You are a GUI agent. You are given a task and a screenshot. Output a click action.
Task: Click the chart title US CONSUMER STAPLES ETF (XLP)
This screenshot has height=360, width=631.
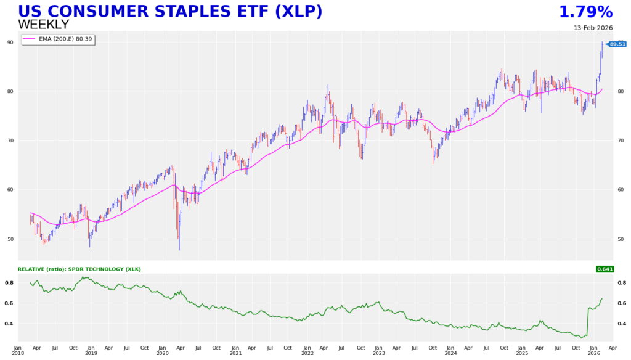(x=170, y=12)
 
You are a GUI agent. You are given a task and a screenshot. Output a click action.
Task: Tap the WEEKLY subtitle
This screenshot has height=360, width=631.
(x=43, y=25)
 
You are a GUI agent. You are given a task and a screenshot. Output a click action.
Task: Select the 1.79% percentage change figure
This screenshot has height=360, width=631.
(x=585, y=12)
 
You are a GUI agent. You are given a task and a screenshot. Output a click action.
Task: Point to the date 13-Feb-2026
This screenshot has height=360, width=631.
(x=593, y=28)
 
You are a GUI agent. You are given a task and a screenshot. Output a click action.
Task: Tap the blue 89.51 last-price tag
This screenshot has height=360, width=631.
(x=617, y=44)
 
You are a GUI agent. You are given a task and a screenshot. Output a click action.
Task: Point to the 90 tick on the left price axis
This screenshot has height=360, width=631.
(x=28, y=42)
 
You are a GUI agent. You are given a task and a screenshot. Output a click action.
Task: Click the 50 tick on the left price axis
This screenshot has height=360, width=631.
(x=28, y=239)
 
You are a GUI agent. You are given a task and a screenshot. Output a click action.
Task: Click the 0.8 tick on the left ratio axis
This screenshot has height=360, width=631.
(x=26, y=283)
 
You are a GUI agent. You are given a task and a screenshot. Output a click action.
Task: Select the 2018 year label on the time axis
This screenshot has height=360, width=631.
(x=18, y=353)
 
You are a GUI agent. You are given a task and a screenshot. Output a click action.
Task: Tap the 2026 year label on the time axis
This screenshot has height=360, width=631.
(x=594, y=353)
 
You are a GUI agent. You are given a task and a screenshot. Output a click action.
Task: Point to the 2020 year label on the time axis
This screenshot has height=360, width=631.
(x=163, y=353)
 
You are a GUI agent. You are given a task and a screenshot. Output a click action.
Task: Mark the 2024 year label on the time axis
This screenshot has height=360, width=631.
(x=450, y=353)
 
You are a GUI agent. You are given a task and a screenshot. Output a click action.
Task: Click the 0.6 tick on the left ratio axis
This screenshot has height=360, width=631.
(x=26, y=303)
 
